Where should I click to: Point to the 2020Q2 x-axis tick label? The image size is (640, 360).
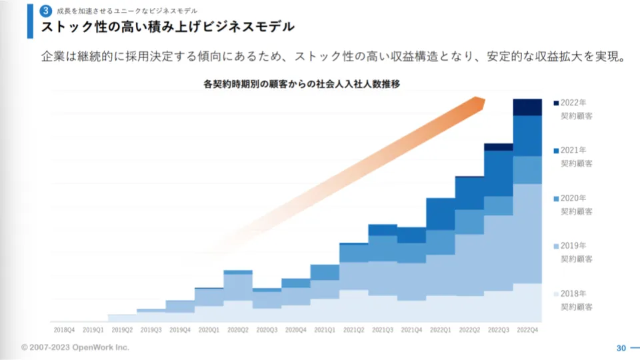[237, 329]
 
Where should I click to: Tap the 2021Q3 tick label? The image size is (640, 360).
[383, 329]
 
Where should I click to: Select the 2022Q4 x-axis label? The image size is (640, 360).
[527, 329]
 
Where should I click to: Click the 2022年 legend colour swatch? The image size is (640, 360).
[555, 103]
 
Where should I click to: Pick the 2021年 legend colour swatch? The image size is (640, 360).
[555, 150]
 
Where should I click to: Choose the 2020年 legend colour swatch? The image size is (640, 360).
[555, 198]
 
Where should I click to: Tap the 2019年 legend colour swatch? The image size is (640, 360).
[555, 246]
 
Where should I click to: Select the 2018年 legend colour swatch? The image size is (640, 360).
[555, 294]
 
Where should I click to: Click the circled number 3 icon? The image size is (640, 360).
[45, 11]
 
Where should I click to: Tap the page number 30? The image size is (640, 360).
[621, 348]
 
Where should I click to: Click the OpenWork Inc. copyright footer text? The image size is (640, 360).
[75, 347]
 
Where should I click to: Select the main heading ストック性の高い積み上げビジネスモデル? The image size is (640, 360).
[167, 27]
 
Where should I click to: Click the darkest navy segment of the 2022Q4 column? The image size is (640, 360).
[527, 107]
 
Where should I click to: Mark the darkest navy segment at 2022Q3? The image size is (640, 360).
[498, 147]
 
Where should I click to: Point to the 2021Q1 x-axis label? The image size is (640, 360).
[325, 329]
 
